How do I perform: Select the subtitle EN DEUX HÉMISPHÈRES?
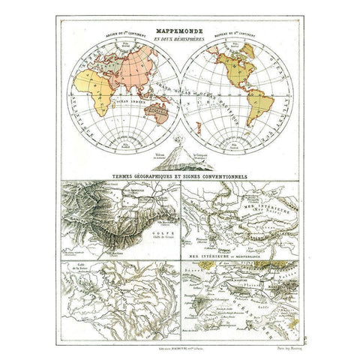[x=179, y=29]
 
